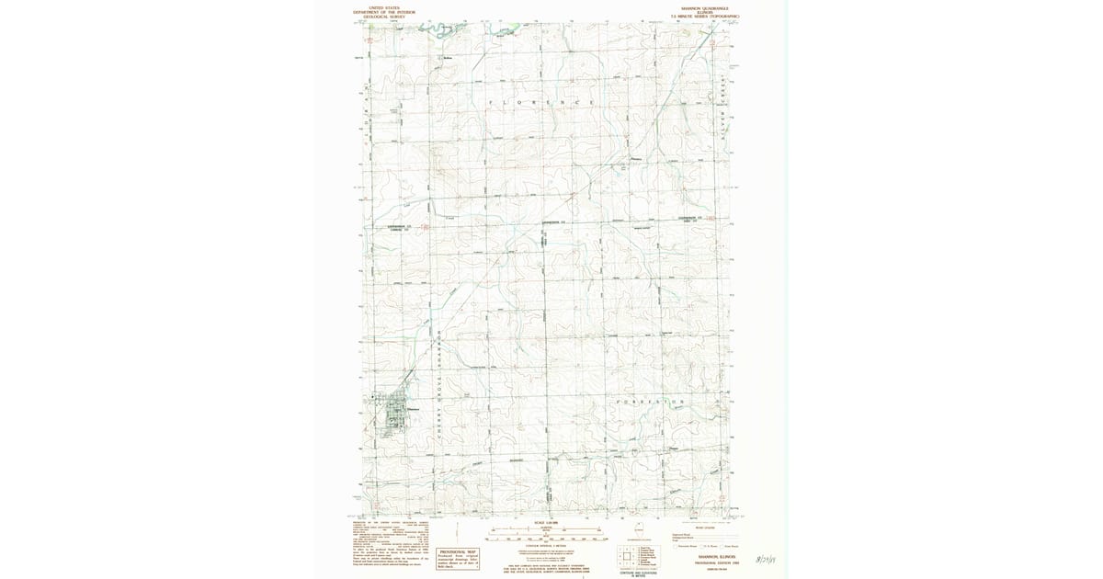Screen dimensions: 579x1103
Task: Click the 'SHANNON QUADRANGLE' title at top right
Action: pos(707,7)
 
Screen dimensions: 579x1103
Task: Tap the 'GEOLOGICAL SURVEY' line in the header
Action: pos(384,17)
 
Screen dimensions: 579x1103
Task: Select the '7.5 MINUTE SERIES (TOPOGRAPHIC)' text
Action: pos(705,17)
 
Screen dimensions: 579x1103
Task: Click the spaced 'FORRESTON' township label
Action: pos(647,402)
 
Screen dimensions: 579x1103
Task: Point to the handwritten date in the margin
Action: pos(765,557)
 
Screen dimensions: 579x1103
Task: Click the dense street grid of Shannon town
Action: pos(393,411)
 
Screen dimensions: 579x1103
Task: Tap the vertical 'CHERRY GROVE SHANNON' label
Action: pos(440,386)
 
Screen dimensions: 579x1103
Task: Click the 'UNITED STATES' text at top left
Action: pos(384,7)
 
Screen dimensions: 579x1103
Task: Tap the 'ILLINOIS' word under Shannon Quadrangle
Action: pos(707,12)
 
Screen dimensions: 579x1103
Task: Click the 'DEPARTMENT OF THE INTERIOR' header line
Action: pos(384,12)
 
